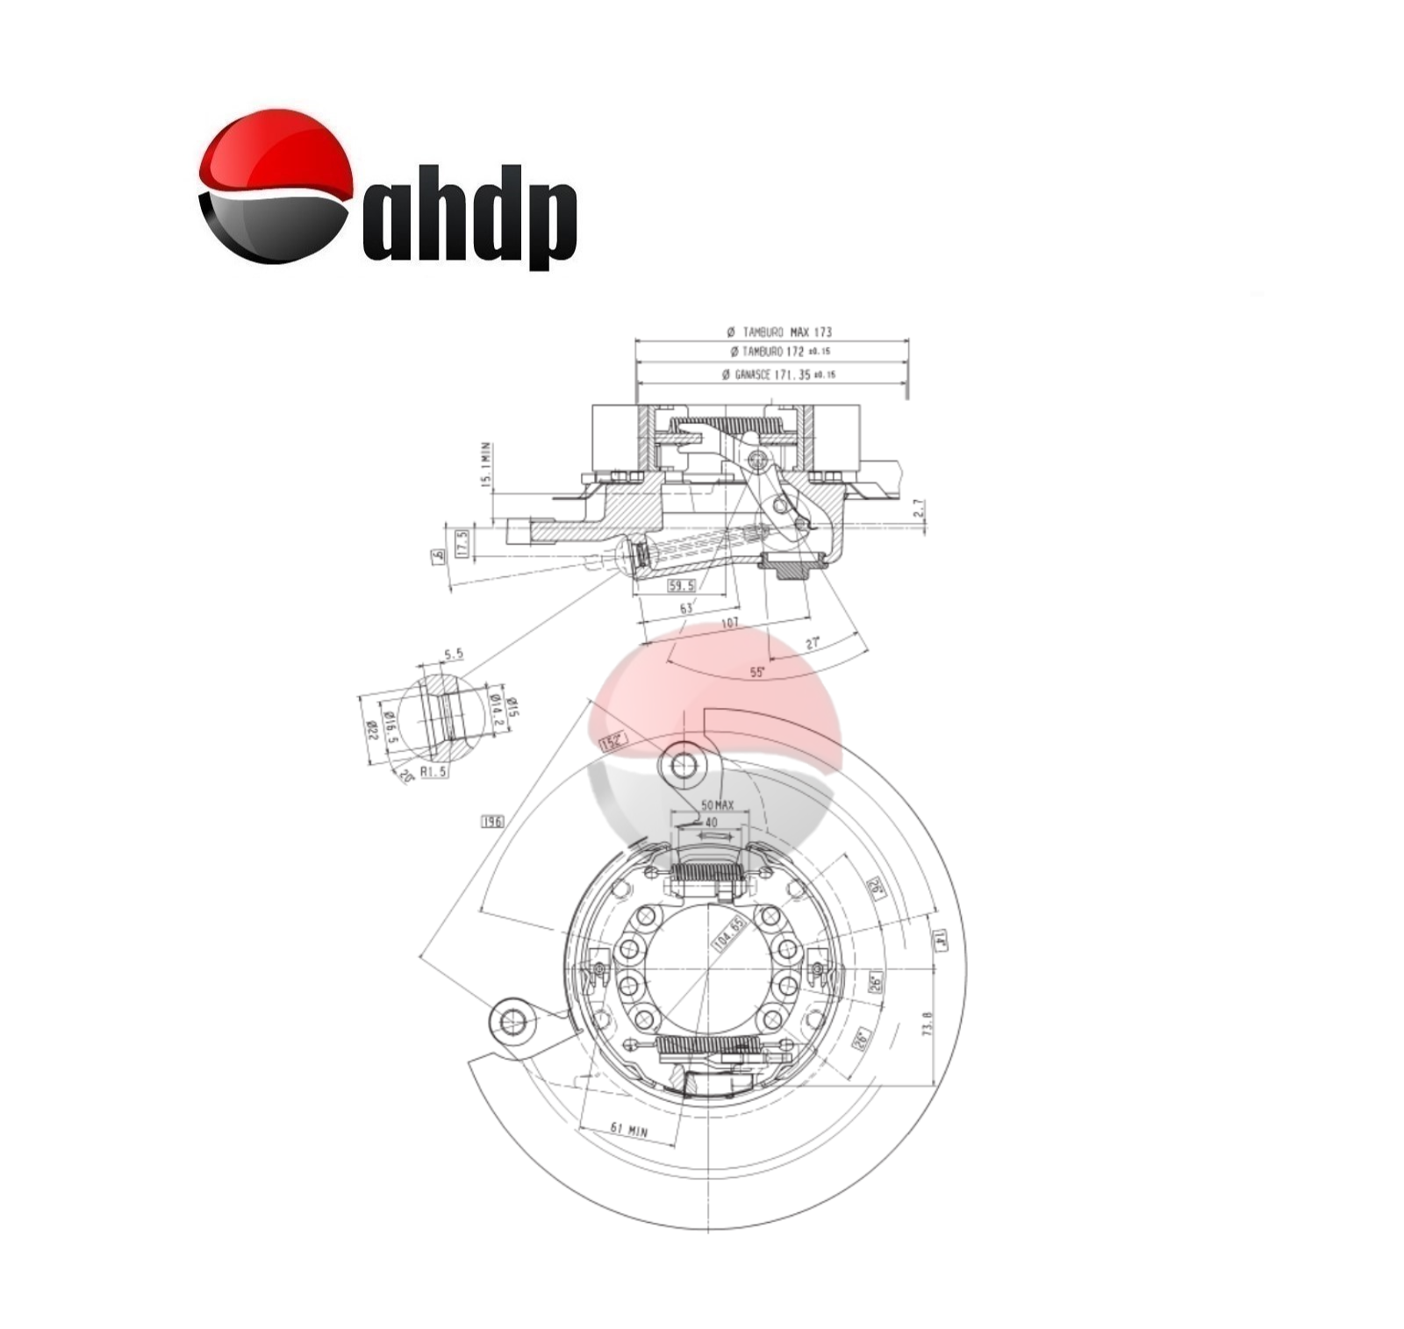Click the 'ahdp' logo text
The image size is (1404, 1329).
pyautogui.click(x=469, y=217)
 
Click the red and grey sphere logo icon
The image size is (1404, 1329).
pyautogui.click(x=275, y=186)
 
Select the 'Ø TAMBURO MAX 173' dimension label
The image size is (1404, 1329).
pyautogui.click(x=779, y=332)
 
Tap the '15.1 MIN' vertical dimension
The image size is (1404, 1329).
pyautogui.click(x=486, y=465)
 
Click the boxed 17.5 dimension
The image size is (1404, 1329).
pyautogui.click(x=462, y=543)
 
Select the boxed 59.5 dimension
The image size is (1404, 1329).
pyautogui.click(x=681, y=585)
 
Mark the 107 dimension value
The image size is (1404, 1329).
pyautogui.click(x=729, y=623)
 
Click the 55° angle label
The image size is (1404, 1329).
pyautogui.click(x=757, y=672)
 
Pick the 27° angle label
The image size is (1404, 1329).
pyautogui.click(x=813, y=643)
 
